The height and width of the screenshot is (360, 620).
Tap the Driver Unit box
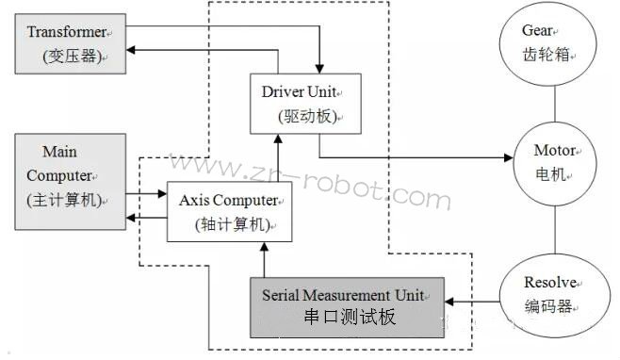pos(301,103)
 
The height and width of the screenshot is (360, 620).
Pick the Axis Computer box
pos(228,211)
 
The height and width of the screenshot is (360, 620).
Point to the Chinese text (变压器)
pos(72,57)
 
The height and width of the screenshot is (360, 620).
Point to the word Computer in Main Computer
pos(59,175)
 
